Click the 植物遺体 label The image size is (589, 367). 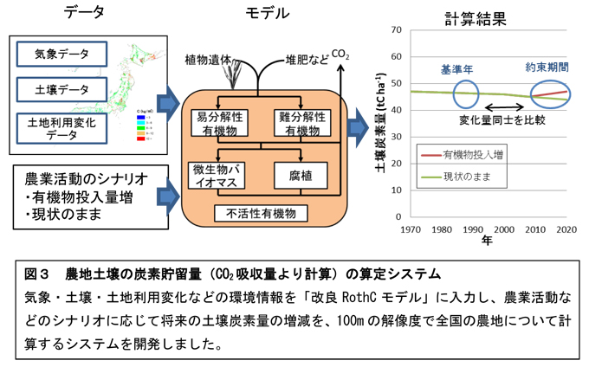(x=208, y=61)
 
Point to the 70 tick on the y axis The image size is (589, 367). (x=393, y=30)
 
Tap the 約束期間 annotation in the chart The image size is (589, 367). (x=547, y=66)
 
